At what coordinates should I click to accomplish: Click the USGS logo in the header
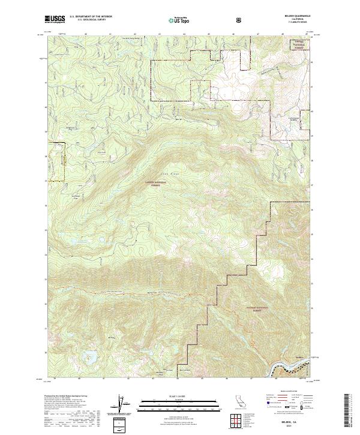coord(55,20)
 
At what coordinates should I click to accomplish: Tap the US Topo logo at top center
coord(176,20)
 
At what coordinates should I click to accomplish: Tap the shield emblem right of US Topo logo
coord(239,20)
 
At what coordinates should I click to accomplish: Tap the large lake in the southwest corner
coord(92,357)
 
